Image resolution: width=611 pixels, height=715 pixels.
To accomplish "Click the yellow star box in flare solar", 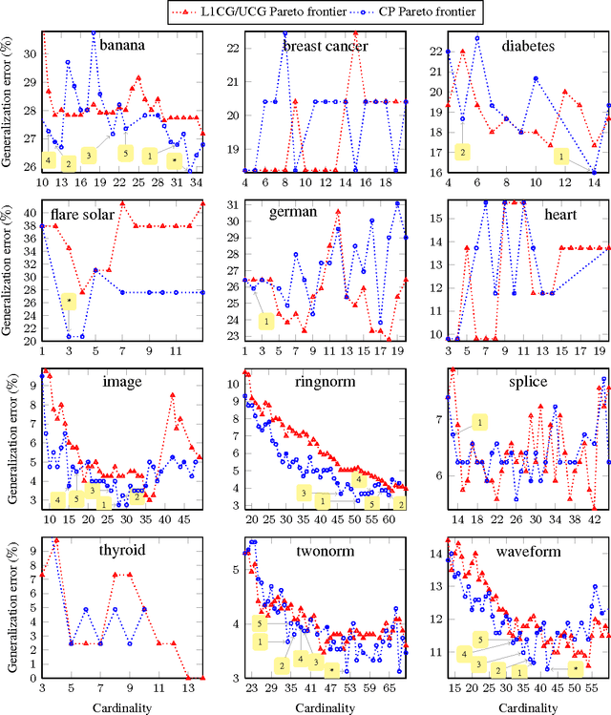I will coord(69,302).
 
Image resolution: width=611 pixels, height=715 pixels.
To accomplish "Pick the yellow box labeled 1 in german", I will coord(266,322).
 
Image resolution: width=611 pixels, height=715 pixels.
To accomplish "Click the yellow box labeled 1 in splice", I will coord(479,422).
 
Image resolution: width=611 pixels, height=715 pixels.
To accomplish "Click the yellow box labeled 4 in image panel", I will coord(57,499).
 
